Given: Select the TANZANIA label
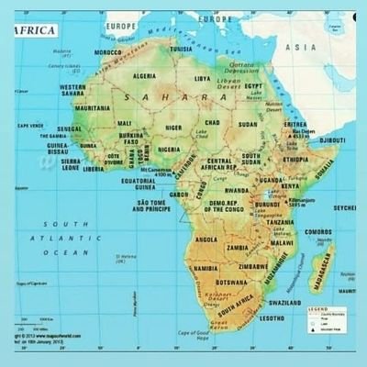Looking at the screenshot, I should (280, 222).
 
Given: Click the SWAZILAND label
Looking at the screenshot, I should (285, 302).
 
